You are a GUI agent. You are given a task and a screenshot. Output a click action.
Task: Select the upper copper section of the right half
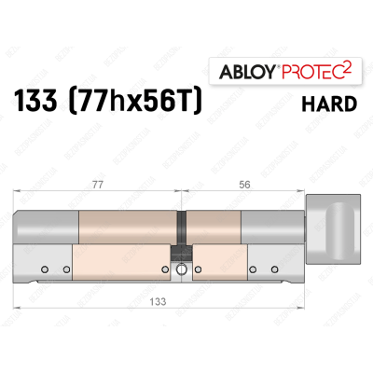[x=215, y=225]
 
